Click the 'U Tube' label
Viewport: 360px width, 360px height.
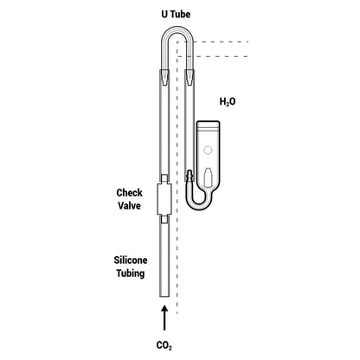[176, 14]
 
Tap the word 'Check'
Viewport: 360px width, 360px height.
[129, 193]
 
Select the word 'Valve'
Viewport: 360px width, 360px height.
[129, 206]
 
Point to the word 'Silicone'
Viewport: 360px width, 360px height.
[131, 260]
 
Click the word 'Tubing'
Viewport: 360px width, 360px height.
[131, 273]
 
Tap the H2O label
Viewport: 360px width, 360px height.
[228, 102]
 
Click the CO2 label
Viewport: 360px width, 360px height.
[164, 345]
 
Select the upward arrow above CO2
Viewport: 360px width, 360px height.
[164, 318]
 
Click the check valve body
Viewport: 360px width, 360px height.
[164, 199]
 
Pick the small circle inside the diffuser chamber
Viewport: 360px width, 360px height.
[208, 150]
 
